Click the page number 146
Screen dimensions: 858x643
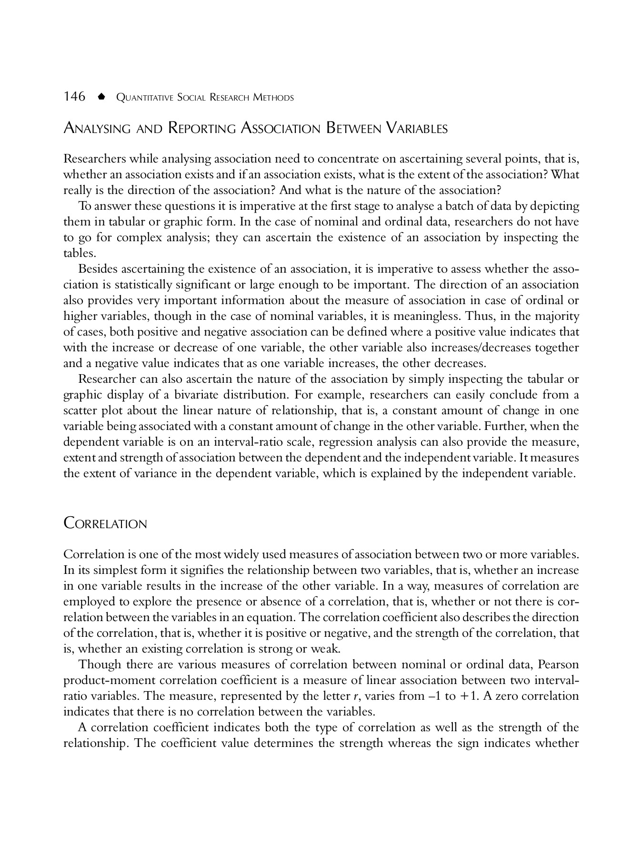[74, 97]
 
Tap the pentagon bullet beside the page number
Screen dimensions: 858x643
[100, 97]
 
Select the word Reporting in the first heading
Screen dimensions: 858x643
[202, 128]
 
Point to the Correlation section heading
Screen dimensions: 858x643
[105, 524]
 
